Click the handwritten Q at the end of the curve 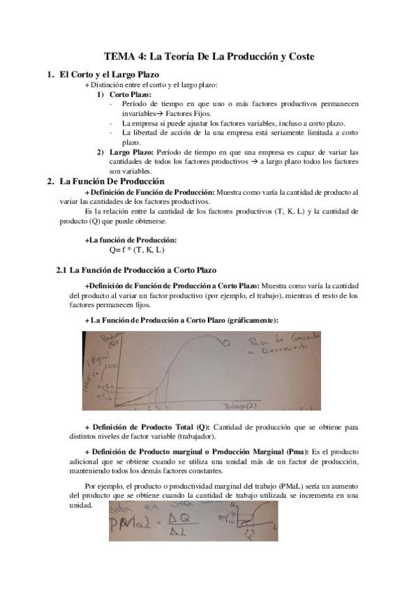pyautogui.click(x=227, y=343)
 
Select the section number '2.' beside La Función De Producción pyautogui.click(x=50, y=182)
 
